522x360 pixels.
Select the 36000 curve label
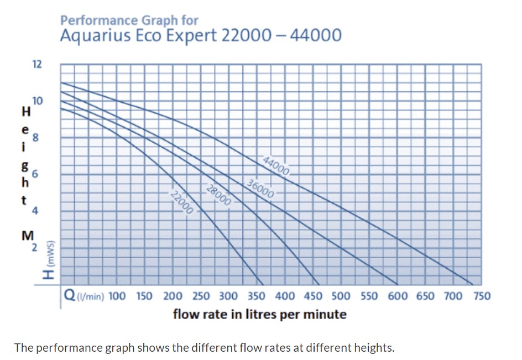[x=260, y=189]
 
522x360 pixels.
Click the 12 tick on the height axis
[x=36, y=64]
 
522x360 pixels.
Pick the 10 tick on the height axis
[x=36, y=101]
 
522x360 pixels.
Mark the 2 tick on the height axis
[x=35, y=248]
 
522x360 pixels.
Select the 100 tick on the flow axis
[x=117, y=296]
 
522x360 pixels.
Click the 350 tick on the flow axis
[x=257, y=296]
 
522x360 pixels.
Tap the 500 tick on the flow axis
[x=341, y=296]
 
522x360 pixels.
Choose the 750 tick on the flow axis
[x=482, y=296]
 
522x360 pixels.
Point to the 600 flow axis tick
[x=398, y=296]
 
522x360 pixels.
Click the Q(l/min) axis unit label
[x=84, y=296]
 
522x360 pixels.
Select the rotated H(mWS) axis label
[x=50, y=259]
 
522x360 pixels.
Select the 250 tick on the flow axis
[x=201, y=296]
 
